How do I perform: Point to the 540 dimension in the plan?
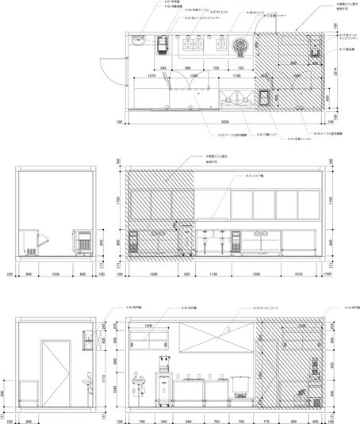(x=163, y=68)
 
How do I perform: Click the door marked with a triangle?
(x=56, y=371)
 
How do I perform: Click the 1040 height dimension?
(x=116, y=386)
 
